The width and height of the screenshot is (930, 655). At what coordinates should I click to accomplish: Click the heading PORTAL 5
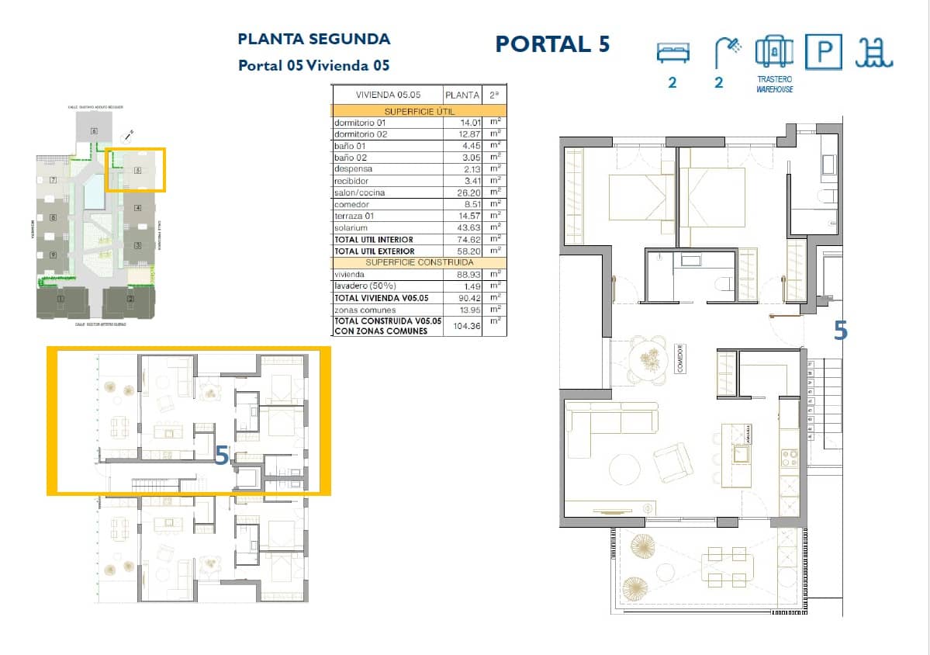[552, 44]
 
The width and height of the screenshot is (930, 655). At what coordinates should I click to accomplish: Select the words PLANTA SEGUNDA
[313, 39]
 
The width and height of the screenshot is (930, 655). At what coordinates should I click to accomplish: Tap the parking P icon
[824, 53]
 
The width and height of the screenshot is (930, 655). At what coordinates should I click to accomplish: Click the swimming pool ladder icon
[874, 53]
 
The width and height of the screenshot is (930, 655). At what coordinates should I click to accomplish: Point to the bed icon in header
[672, 53]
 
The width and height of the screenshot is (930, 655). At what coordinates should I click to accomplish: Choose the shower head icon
[727, 52]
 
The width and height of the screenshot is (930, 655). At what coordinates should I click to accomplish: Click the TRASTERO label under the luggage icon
[775, 80]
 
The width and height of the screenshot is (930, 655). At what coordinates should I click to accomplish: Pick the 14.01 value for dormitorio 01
[470, 123]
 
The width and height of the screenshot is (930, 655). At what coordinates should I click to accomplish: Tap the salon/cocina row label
[359, 192]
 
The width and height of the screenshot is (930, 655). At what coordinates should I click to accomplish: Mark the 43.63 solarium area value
[470, 227]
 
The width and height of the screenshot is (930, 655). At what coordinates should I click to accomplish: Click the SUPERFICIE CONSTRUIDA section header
[419, 262]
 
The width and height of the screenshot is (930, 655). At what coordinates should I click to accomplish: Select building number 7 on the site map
[53, 180]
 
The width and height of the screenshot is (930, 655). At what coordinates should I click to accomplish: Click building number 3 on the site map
[137, 246]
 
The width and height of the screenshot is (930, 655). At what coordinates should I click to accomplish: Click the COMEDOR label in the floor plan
[679, 359]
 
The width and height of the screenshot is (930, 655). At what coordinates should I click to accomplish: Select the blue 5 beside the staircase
[840, 331]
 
